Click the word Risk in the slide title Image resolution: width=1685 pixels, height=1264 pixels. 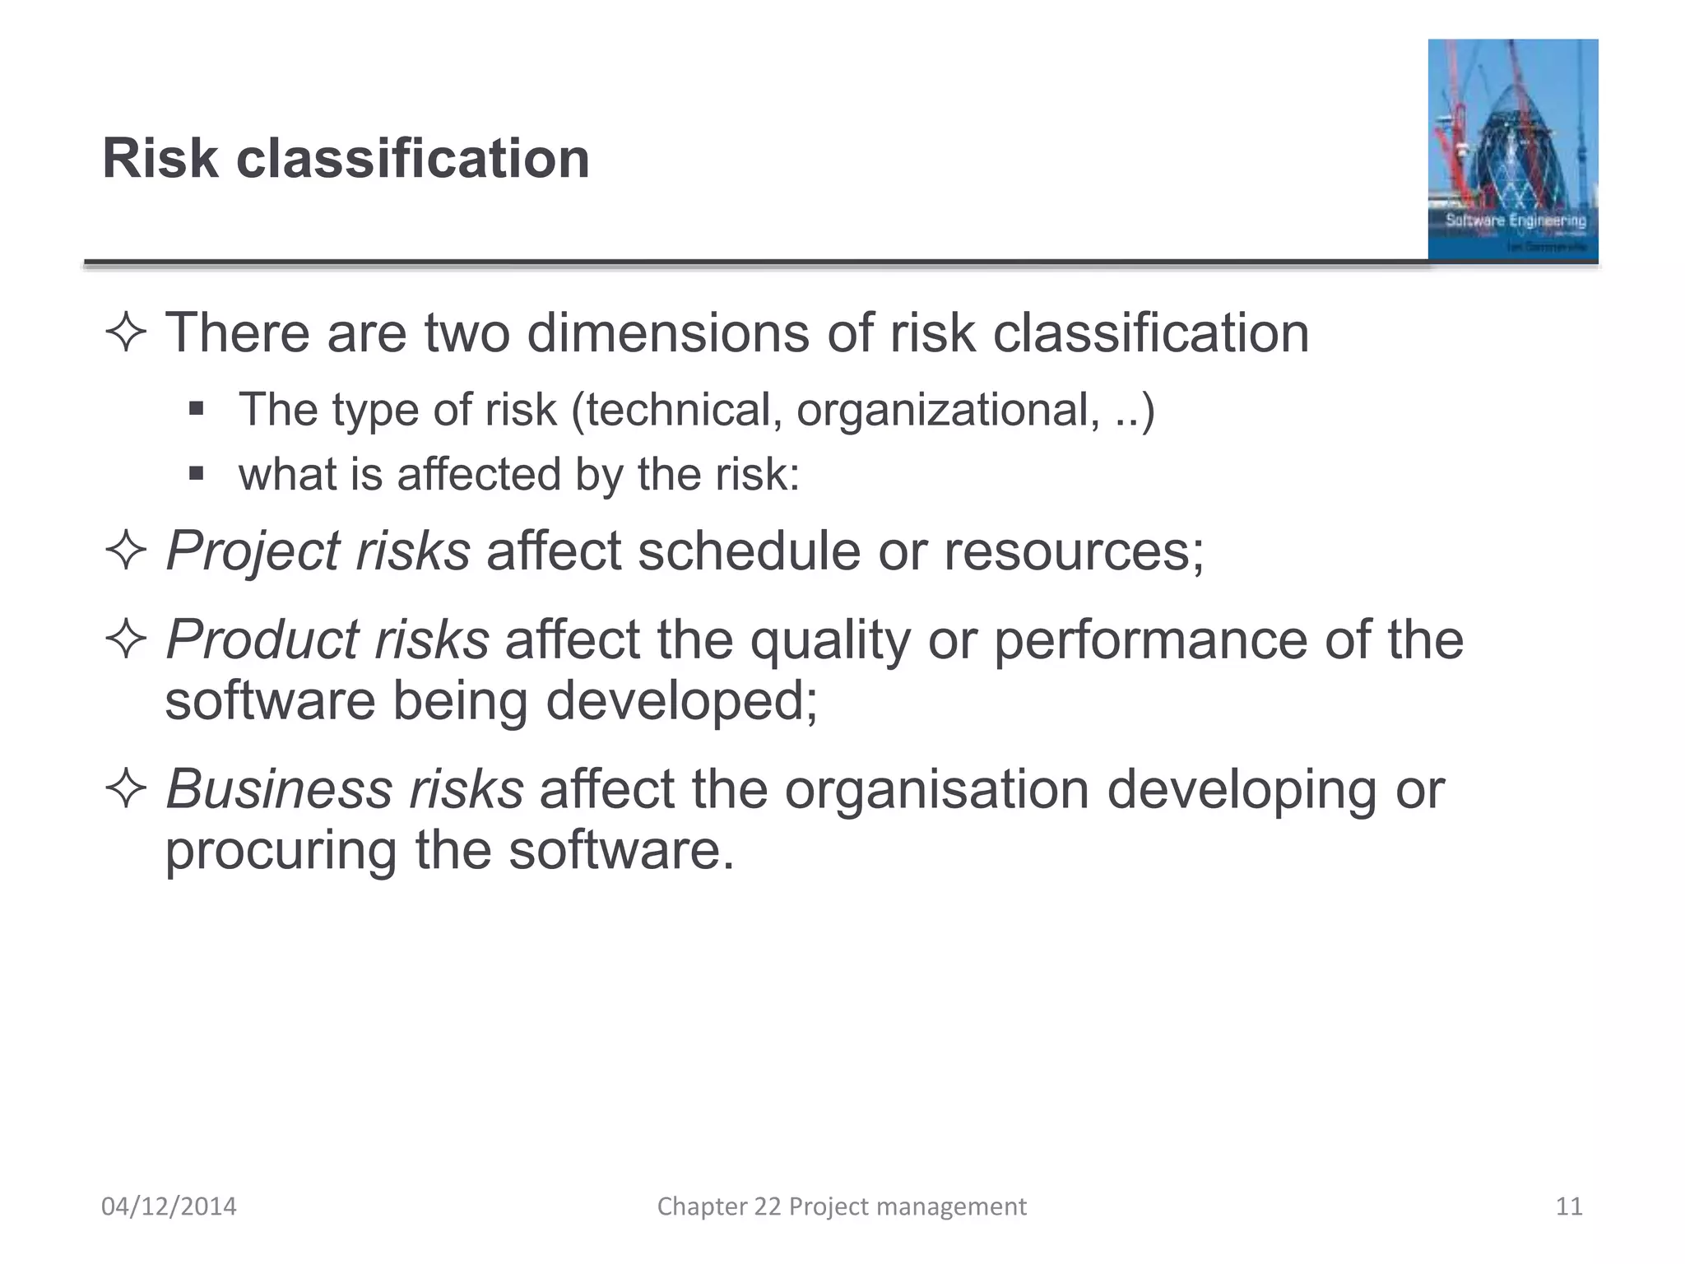point(160,158)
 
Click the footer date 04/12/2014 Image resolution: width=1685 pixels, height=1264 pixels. point(169,1206)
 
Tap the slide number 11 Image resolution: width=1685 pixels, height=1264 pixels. point(1569,1206)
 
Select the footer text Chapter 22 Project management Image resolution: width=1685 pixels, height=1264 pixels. point(842,1206)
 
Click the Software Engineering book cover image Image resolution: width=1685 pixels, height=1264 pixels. point(1512,150)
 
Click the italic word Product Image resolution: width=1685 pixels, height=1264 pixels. point(260,639)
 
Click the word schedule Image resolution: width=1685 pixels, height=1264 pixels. point(749,551)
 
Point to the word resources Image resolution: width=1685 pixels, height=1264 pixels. point(1073,551)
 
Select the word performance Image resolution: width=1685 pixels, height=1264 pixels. point(1150,639)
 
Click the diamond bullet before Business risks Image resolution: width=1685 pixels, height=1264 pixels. point(126,789)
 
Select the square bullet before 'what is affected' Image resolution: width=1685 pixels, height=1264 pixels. point(196,474)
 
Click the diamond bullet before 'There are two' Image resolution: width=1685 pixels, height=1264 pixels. point(126,333)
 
